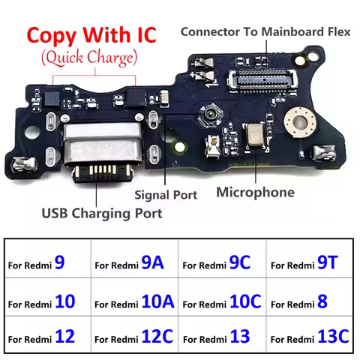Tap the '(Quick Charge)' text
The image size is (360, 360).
[x=90, y=57]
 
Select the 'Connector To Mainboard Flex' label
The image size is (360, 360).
[x=265, y=32]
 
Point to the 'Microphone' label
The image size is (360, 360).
[x=255, y=193]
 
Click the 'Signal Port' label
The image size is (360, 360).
[x=166, y=195]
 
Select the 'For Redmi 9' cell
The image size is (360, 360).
[x=46, y=264]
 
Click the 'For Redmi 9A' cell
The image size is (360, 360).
[x=133, y=264]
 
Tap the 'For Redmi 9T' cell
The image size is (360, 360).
[x=310, y=264]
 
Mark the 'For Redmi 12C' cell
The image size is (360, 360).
[x=133, y=337]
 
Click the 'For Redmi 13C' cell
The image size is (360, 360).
[x=310, y=337]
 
